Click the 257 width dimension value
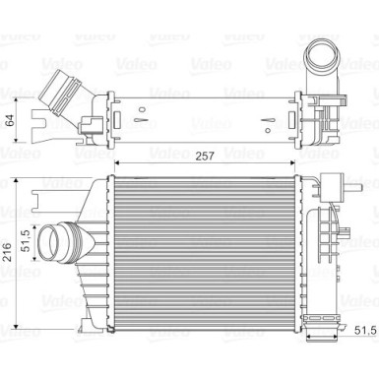[x=205, y=156]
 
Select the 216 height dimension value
[x=7, y=252]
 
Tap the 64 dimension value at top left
[x=10, y=120]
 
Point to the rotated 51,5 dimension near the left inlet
[x=26, y=240]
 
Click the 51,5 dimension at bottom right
[x=365, y=331]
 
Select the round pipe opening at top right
[x=321, y=54]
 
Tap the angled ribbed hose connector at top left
[x=62, y=94]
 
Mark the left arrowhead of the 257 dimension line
[x=117, y=161]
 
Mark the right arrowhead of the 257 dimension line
[x=291, y=161]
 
